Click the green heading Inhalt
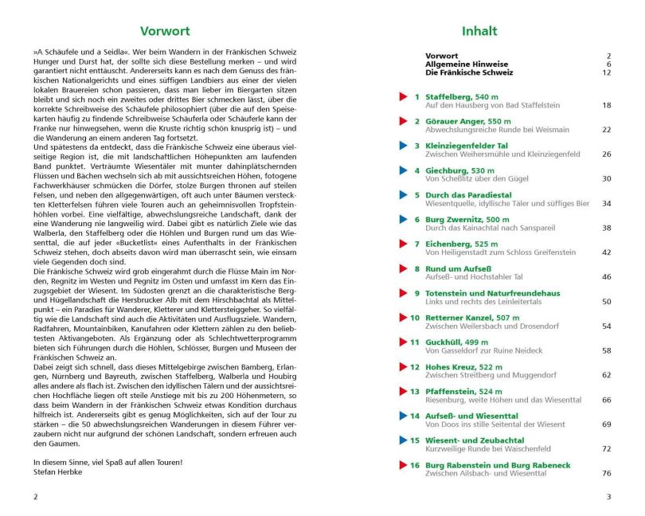point(479,32)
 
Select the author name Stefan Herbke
point(58,471)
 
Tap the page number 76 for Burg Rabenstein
point(607,473)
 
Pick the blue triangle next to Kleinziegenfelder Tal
point(404,146)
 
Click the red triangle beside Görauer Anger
point(404,121)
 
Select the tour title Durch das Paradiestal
point(468,195)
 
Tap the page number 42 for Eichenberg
point(607,252)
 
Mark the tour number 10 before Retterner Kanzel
point(414,318)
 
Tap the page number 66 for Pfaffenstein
point(607,400)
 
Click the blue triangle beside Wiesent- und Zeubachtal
point(404,440)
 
